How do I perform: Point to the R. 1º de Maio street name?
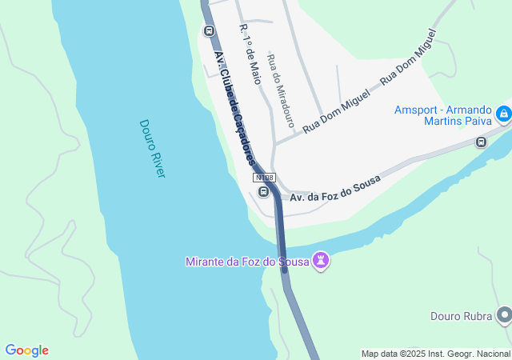[x=250, y=54]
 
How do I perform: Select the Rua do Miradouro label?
[x=280, y=93]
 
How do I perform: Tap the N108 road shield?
[x=264, y=177]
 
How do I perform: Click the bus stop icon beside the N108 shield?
[x=263, y=191]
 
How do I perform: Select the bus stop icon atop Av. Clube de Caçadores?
[x=210, y=31]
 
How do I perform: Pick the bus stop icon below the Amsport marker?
[x=481, y=142]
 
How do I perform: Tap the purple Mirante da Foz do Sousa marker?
[x=321, y=261]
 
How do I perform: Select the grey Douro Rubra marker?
[x=503, y=316]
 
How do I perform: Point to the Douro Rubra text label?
[x=461, y=316]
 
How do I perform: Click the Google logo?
[x=26, y=350]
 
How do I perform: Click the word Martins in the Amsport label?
[x=434, y=122]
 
